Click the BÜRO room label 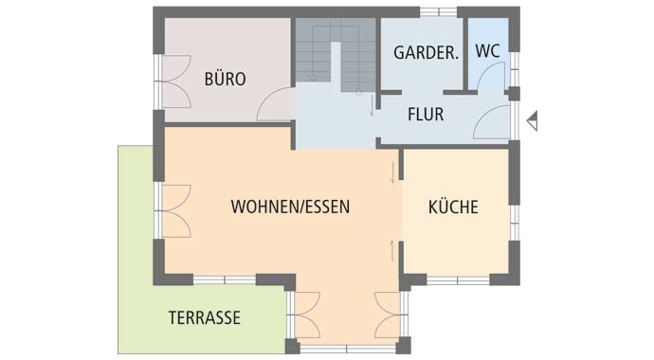tap(225, 80)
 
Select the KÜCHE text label tap(452, 207)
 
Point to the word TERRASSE tap(204, 317)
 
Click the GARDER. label tap(426, 53)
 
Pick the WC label tap(488, 51)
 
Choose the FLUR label tap(426, 115)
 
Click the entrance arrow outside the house tap(533, 120)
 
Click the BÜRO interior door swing tap(276, 104)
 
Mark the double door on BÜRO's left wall tap(172, 83)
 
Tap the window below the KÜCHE tap(457, 279)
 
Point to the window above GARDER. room tap(438, 11)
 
